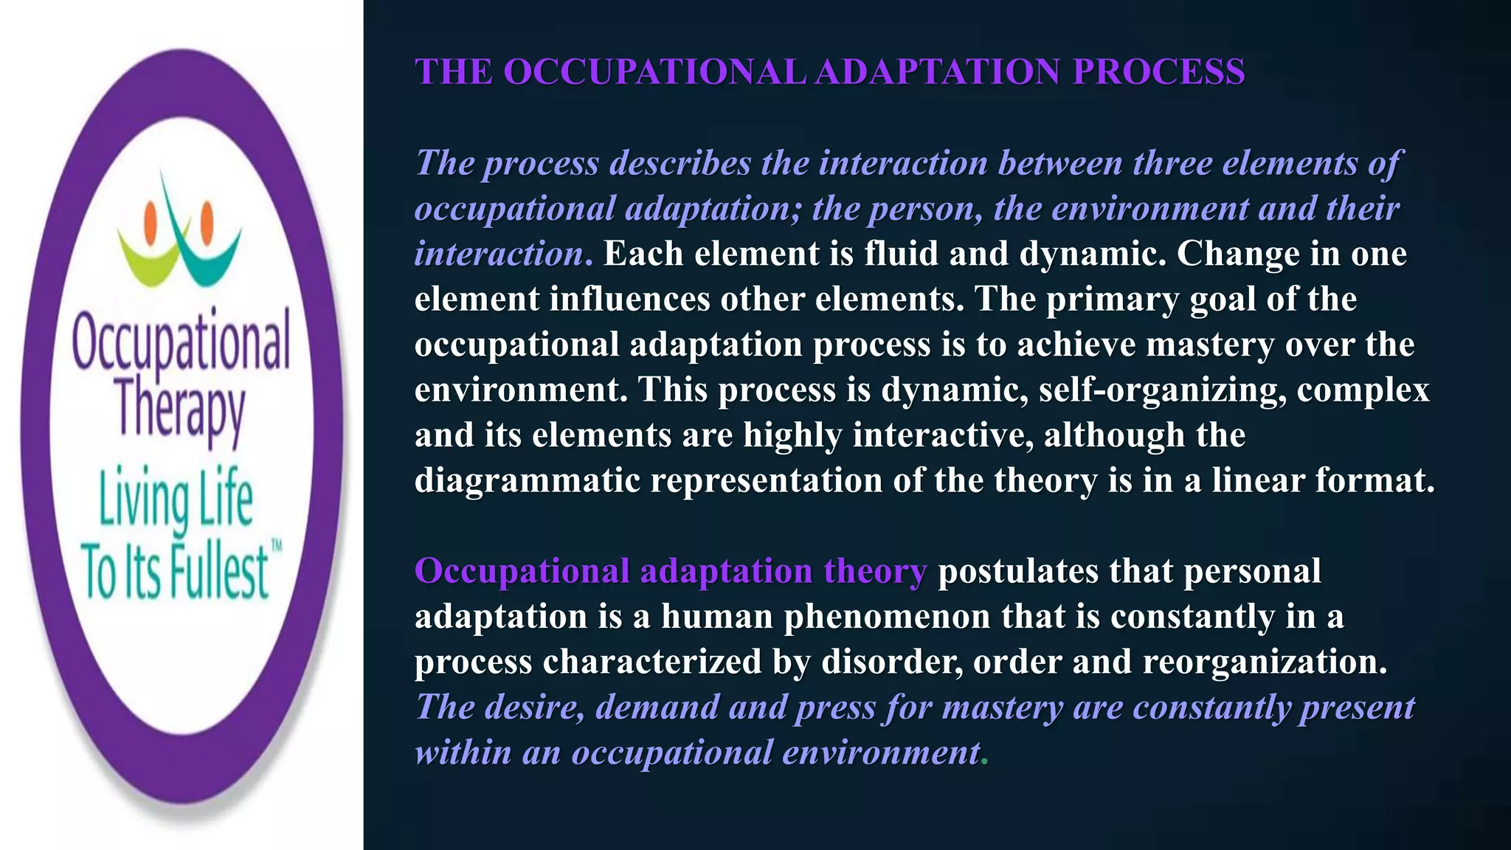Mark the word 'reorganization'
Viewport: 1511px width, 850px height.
[1265, 663]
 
